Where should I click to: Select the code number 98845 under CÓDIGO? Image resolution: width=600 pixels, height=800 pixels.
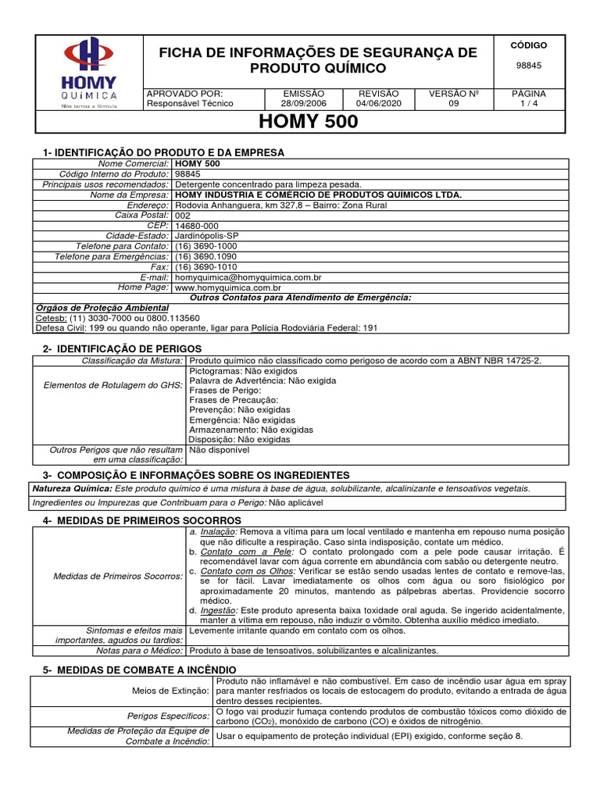[529, 66]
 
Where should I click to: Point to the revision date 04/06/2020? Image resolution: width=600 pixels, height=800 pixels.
[378, 103]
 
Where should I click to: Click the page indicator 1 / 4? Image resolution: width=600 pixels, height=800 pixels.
[529, 103]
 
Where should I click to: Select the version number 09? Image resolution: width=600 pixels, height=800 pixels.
[454, 103]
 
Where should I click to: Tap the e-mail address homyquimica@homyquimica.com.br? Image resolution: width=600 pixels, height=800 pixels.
[248, 277]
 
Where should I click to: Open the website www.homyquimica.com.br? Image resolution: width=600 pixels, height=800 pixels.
[228, 287]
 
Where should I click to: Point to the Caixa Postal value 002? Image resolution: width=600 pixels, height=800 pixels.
[183, 215]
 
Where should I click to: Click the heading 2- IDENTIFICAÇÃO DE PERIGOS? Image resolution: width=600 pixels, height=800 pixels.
[122, 348]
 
